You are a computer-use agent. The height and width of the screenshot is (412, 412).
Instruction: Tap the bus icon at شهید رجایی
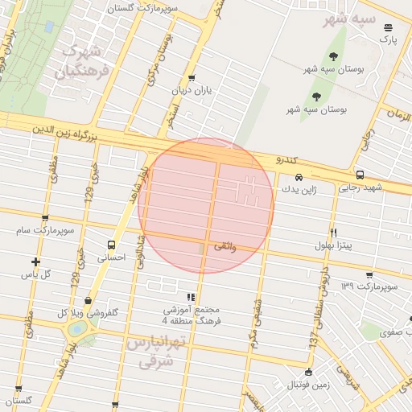359,175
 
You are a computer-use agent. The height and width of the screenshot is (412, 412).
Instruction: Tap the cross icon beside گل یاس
35,261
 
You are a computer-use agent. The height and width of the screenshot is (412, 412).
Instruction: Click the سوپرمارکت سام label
46,231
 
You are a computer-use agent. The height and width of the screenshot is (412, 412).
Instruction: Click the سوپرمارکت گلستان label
155,7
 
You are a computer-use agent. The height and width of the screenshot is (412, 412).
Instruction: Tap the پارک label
389,39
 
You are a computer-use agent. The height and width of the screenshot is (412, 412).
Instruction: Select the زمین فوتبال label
309,385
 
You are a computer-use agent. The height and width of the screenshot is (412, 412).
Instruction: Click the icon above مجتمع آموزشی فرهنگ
191,297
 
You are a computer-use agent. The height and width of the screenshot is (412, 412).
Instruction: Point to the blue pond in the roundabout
77,328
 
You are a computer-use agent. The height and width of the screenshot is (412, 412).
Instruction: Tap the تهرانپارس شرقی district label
157,352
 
